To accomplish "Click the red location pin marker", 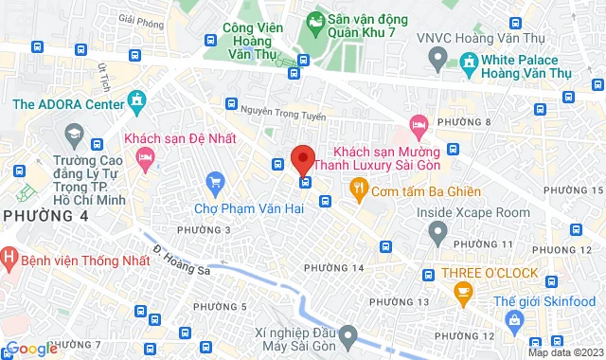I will coord(302,158).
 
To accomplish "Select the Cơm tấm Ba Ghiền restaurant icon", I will coord(358,188).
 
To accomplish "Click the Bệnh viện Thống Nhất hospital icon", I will coord(8,256).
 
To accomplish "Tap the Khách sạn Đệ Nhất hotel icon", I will coord(145,164).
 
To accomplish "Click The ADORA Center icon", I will coord(136,99).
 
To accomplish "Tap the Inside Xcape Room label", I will coord(473,212).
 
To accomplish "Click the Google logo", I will coord(30,349).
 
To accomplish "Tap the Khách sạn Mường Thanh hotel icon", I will coord(418,124).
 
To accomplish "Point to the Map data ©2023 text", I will coord(562,352).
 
